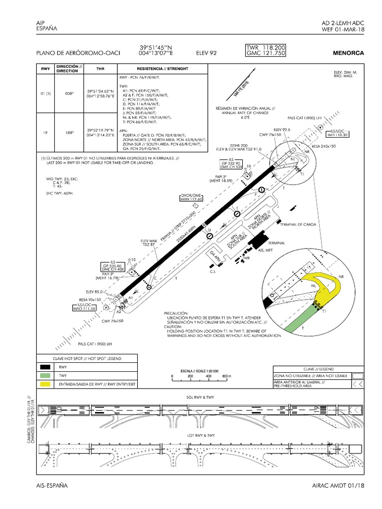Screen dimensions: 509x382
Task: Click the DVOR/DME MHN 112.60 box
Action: (x=192, y=197)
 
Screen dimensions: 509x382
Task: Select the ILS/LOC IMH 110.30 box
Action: (x=338, y=132)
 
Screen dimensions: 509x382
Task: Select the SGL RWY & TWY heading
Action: (x=200, y=398)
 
